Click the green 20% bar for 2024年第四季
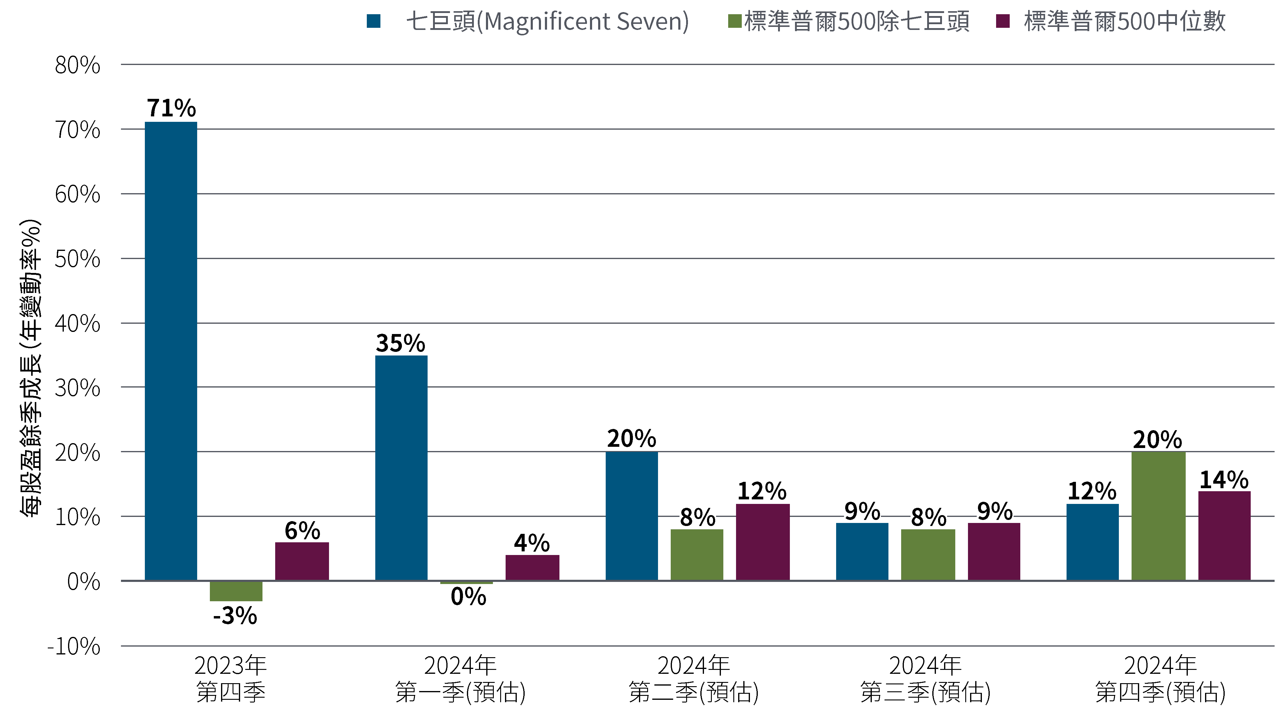(x=1158, y=516)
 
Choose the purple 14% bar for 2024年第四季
(x=1224, y=535)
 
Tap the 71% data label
(x=171, y=108)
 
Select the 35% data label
(x=400, y=343)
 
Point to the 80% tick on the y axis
(x=77, y=65)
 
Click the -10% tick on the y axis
(x=74, y=647)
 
